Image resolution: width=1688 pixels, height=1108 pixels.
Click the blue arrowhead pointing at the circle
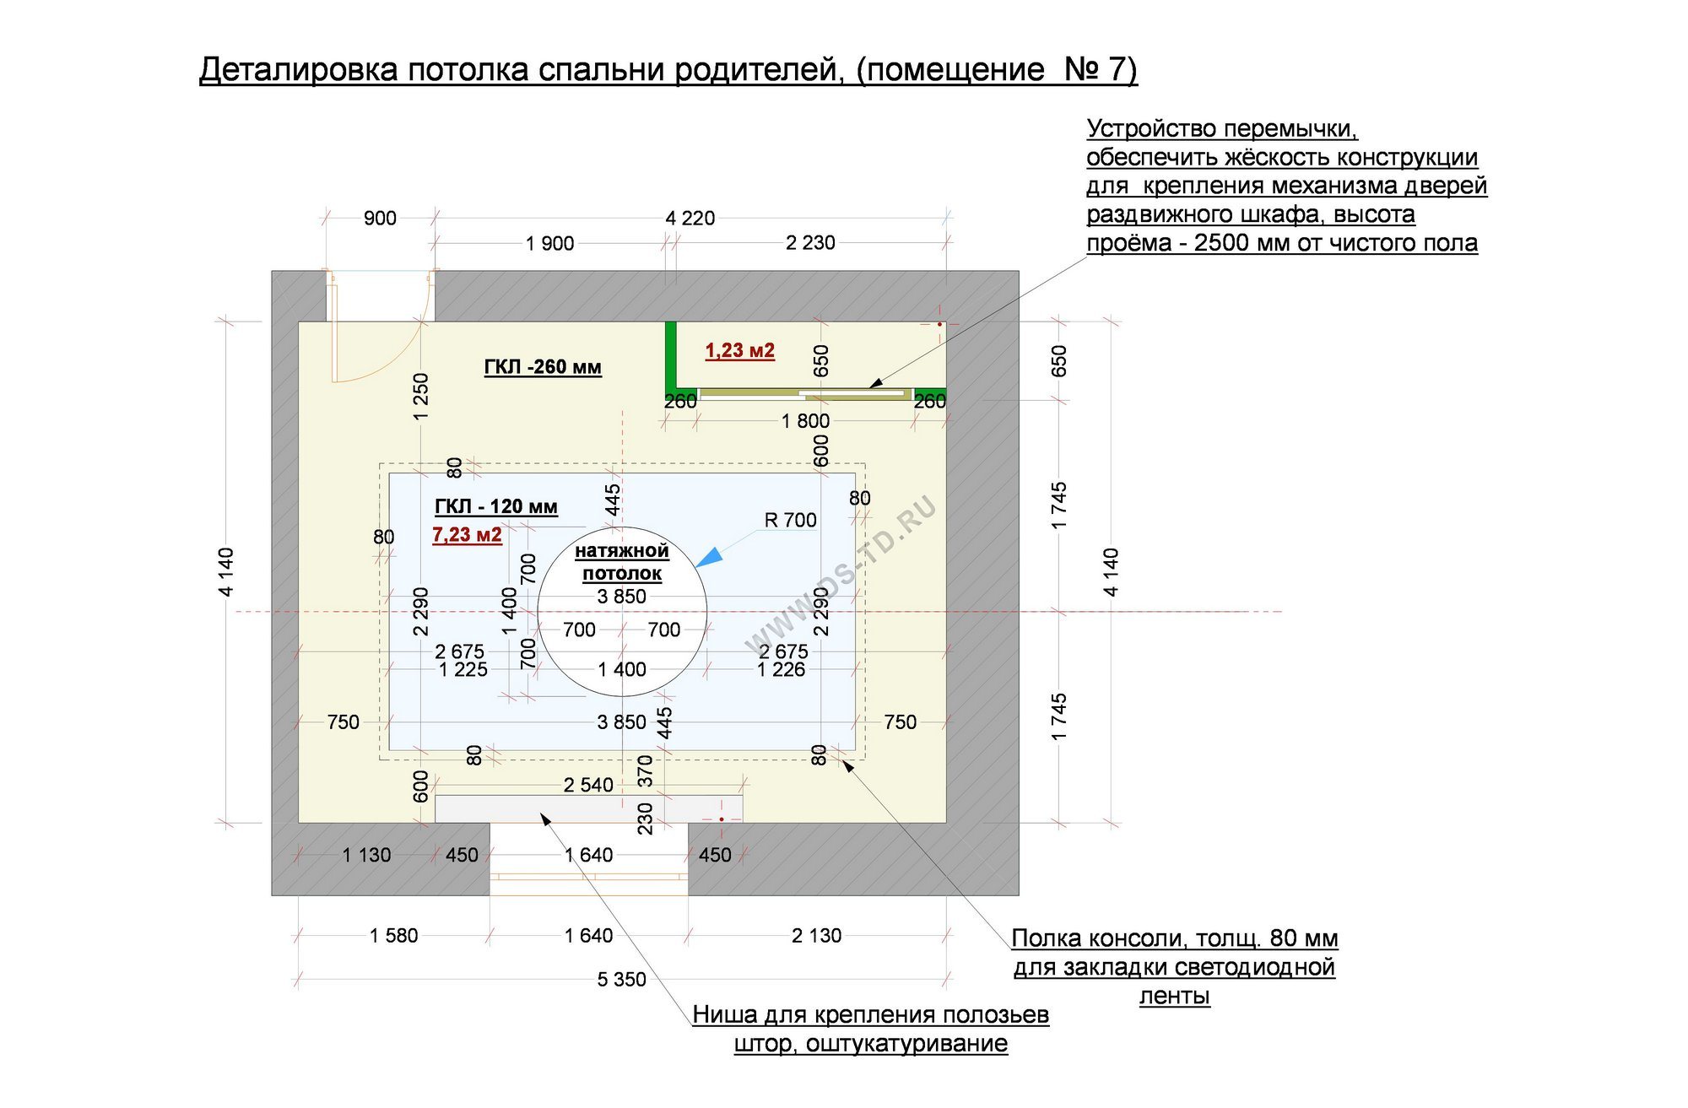click(x=709, y=557)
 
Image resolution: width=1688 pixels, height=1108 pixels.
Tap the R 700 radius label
click(x=790, y=520)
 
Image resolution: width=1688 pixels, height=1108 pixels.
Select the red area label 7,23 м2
click(x=467, y=534)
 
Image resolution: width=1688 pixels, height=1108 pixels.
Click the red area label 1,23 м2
click(x=739, y=350)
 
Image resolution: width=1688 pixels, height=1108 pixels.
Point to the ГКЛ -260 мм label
click(x=542, y=367)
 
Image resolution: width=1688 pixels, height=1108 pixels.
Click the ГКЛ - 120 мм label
click(x=495, y=506)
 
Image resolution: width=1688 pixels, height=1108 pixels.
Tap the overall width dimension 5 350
click(x=621, y=980)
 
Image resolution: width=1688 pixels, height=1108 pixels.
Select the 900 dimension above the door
click(x=380, y=219)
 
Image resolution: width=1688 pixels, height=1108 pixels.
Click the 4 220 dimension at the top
click(x=690, y=219)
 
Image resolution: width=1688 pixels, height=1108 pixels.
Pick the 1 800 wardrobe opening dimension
click(x=805, y=421)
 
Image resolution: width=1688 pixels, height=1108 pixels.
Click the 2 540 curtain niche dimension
click(x=588, y=786)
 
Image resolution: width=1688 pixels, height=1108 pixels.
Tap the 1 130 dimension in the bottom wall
click(x=366, y=856)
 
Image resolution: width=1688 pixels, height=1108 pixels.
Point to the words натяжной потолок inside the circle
click(x=622, y=562)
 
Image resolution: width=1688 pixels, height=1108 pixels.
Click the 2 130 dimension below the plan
click(x=816, y=936)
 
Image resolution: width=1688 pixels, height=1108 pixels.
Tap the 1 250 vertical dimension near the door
click(x=421, y=397)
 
